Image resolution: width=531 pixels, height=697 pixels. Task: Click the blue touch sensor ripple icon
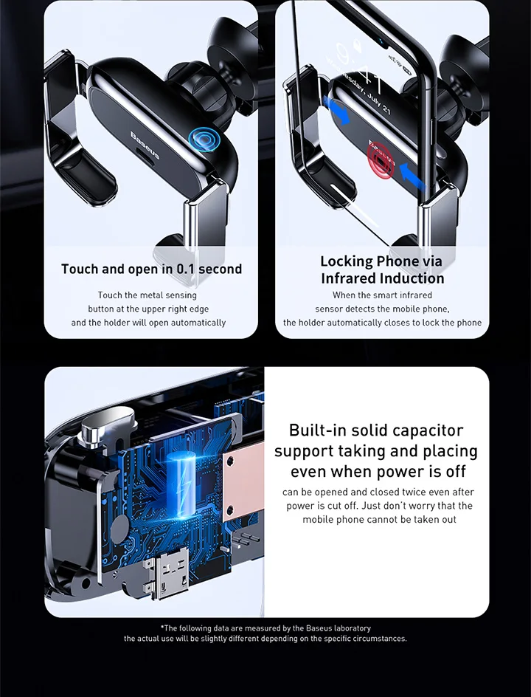tap(204, 140)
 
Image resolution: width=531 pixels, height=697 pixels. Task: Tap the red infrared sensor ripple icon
tap(381, 160)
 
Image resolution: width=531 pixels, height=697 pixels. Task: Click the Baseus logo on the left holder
tap(145, 145)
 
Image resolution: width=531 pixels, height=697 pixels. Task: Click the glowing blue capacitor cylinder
tap(182, 484)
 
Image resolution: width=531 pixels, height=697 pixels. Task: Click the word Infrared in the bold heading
tap(349, 278)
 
